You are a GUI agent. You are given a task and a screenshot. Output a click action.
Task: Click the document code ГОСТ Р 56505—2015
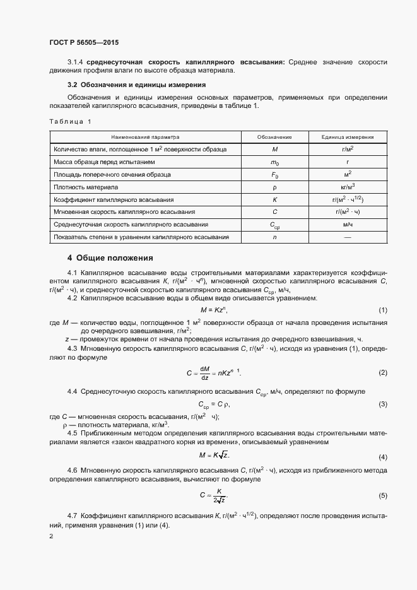click(x=84, y=43)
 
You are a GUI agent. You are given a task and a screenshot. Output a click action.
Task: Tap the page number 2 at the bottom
click(x=51, y=536)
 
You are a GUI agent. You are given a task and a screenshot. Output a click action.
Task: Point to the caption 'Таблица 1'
click(x=70, y=121)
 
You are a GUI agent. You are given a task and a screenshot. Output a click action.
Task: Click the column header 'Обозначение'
click(x=274, y=136)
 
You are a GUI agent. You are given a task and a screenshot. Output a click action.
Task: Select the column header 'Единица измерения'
click(x=347, y=136)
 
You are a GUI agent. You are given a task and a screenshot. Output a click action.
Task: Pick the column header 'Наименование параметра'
click(x=146, y=136)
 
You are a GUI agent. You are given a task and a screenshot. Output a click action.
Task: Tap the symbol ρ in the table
click(x=274, y=187)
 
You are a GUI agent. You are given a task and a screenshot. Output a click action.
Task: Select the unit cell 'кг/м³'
click(x=347, y=187)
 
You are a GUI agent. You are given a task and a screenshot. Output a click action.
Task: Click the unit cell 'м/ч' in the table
click(x=347, y=224)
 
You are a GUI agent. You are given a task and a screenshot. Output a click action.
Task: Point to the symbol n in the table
click(x=274, y=237)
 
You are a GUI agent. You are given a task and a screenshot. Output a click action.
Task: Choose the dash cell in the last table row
click(x=347, y=237)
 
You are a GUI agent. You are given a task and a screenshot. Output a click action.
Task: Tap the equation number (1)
click(x=382, y=310)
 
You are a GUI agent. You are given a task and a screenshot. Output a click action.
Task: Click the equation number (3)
click(x=382, y=404)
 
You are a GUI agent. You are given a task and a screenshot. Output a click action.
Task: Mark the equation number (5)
click(x=382, y=495)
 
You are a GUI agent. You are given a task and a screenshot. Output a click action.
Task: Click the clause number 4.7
click(x=73, y=516)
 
